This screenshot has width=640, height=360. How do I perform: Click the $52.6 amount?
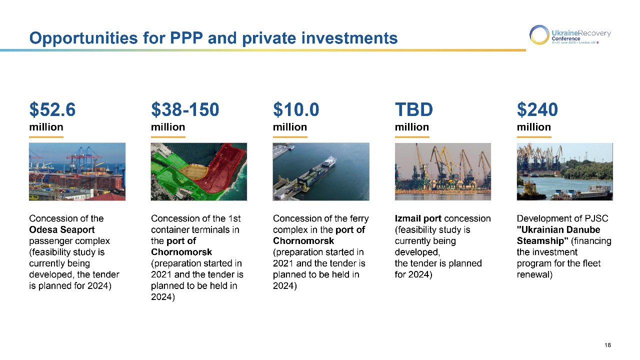point(52,109)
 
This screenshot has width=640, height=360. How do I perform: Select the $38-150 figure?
point(185,109)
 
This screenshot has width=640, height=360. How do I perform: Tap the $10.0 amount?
point(296,109)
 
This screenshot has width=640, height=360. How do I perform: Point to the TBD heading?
point(413,109)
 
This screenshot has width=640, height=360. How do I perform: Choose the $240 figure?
point(537,109)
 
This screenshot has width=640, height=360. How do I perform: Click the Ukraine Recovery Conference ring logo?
point(539,35)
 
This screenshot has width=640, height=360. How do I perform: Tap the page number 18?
point(607,345)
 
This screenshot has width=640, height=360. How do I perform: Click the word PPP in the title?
point(186,38)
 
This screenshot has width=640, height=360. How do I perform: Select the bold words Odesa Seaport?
point(61,229)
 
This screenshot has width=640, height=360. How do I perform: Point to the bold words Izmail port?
point(418,218)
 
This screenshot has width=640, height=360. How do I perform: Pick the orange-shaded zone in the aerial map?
point(194,171)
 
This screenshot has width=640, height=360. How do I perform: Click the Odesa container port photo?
point(77,171)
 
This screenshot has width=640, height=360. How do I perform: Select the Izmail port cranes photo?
point(443,171)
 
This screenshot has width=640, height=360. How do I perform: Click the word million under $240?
point(533,127)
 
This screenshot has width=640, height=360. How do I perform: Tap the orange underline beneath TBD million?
point(412,137)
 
